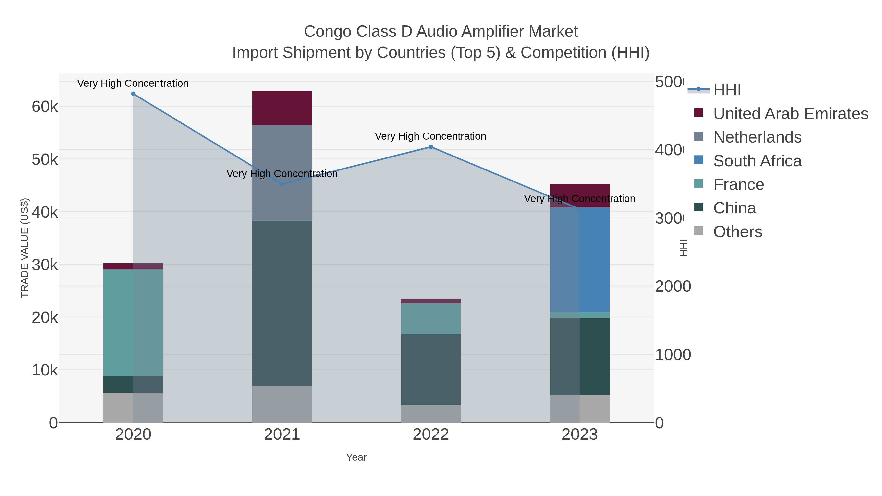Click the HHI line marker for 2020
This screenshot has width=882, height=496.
point(133,94)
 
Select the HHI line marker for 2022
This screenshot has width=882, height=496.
point(431,147)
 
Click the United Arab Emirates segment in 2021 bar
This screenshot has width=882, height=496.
point(282,108)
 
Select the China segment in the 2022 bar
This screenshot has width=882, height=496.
point(431,370)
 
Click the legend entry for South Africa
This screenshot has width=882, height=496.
point(757,161)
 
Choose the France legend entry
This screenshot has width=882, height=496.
point(738,184)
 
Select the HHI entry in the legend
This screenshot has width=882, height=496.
point(727,90)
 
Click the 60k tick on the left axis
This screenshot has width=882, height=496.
point(45,107)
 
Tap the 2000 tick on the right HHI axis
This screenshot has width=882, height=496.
point(673,287)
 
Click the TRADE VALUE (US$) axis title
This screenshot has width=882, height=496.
point(25,248)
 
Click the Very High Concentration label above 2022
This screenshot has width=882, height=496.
point(430,136)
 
